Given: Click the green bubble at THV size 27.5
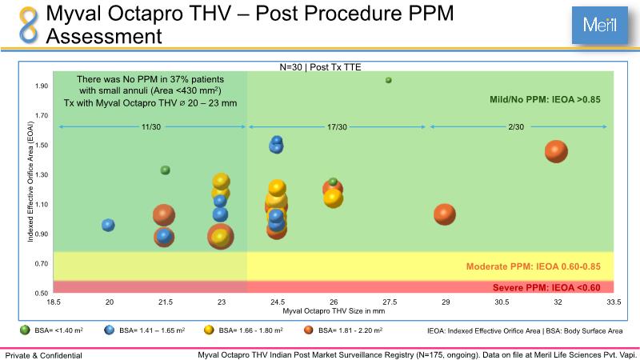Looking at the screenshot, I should pyautogui.click(x=388, y=80).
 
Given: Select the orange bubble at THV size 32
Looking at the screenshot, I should pyautogui.click(x=556, y=151).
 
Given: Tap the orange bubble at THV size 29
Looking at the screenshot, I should pyautogui.click(x=445, y=214).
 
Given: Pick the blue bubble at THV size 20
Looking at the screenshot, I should pyautogui.click(x=108, y=226).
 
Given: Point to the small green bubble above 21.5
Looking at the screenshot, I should pyautogui.click(x=166, y=170).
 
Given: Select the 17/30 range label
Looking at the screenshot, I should pyautogui.click(x=337, y=127).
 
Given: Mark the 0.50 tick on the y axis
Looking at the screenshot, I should pyautogui.click(x=41, y=293).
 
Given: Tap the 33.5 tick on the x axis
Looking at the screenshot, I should pyautogui.click(x=613, y=302).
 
